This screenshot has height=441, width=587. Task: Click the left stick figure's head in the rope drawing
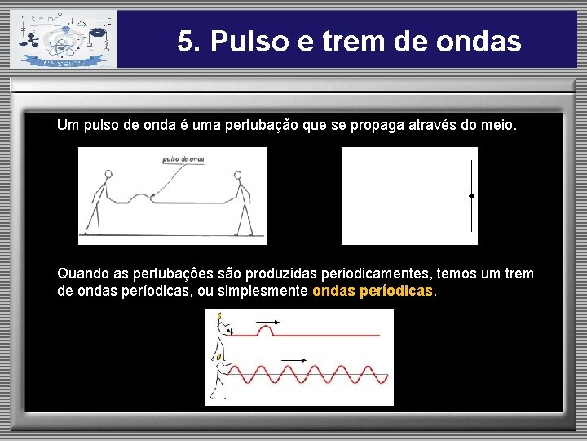point(109,174)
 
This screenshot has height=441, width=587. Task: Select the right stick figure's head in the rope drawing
point(238,174)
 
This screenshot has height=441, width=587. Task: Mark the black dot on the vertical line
point(471,196)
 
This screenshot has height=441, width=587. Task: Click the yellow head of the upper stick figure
point(218,317)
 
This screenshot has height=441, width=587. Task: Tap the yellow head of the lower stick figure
point(218,358)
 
